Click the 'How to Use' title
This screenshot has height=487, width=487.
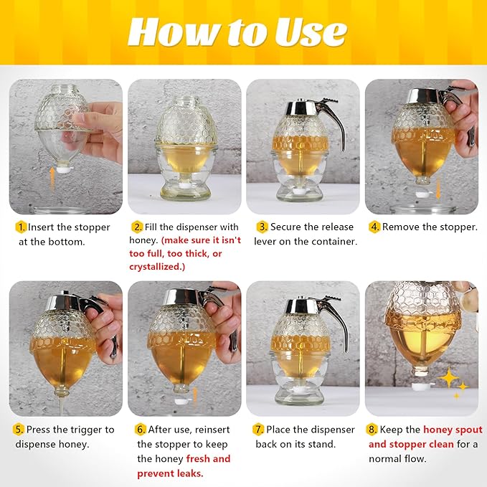237,32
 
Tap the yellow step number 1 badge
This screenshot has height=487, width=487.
21,227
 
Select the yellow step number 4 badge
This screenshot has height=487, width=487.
374,227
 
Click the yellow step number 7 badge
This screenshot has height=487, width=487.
258,430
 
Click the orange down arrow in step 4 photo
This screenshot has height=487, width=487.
438,191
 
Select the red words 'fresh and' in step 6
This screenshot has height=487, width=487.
208,459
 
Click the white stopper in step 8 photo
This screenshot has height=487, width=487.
420,386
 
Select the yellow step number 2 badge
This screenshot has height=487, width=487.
138,227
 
